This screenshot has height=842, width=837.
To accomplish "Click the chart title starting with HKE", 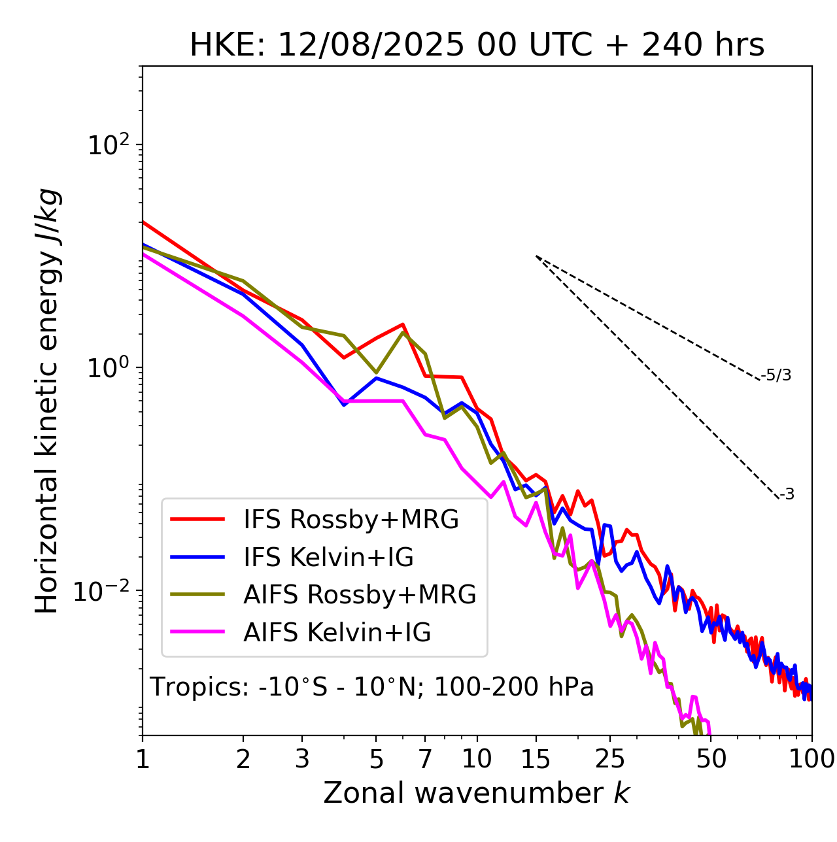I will (477, 46).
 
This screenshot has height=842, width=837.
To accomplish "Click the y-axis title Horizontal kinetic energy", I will (47, 401).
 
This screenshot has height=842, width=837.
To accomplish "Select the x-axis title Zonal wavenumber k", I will (476, 793).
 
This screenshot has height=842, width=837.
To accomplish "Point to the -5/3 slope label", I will (776, 376).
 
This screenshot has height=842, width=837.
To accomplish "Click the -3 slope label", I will (787, 495).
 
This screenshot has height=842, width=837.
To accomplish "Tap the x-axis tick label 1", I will (143, 759).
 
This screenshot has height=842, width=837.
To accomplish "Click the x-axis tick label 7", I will (425, 759).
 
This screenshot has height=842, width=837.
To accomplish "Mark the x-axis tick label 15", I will (536, 759).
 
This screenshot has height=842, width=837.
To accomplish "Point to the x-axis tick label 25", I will (610, 759).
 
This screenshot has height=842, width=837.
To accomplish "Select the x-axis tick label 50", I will (711, 759).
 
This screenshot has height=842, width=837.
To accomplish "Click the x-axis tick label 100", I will (811, 759).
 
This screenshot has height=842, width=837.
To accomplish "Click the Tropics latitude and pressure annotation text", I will (371, 688).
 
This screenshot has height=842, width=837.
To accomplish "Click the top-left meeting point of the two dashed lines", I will (536, 256).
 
